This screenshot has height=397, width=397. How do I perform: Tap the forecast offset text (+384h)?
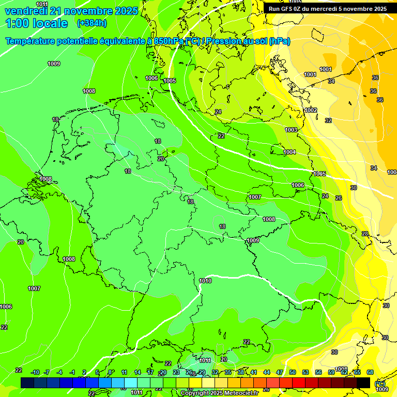[91, 23]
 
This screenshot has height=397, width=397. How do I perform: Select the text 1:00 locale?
[36, 23]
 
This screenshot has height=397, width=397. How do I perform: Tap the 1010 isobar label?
[205, 281]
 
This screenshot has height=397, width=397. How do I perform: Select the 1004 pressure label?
[289, 152]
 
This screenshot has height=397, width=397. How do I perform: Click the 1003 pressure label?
[291, 130]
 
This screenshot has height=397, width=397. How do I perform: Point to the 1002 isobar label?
[311, 110]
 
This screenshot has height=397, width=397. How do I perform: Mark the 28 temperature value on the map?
[365, 234]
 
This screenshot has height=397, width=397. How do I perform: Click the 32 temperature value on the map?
[328, 120]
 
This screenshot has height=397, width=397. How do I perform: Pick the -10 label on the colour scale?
[36, 372]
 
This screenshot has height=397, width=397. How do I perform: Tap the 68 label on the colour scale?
[370, 372]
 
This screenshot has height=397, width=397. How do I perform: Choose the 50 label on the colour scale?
[293, 372]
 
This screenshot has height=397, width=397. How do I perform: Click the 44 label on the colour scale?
[267, 372]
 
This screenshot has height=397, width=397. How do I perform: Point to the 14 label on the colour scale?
[138, 372]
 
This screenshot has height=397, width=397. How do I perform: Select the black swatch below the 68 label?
[363, 383]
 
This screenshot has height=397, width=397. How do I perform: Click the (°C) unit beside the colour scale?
[380, 383]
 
